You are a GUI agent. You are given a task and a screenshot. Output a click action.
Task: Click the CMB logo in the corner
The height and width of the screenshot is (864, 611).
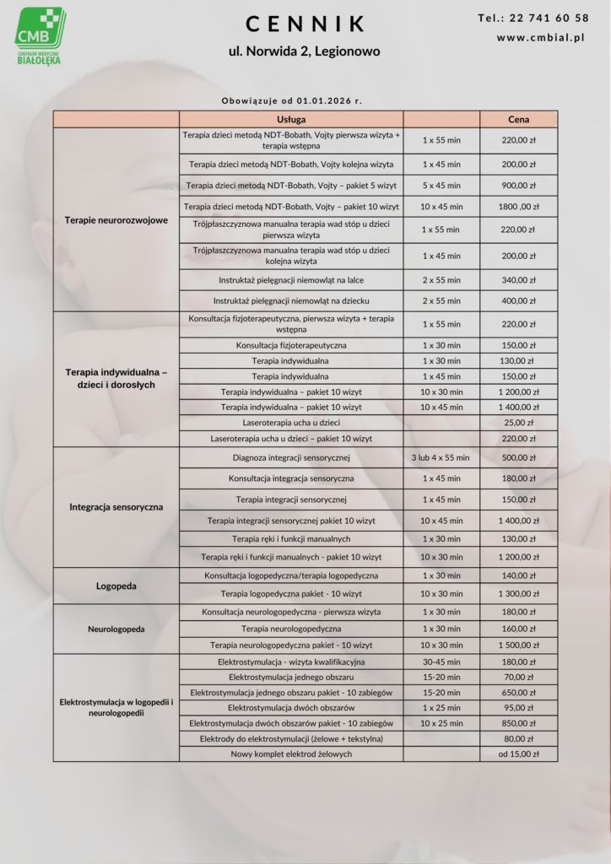click(x=39, y=34)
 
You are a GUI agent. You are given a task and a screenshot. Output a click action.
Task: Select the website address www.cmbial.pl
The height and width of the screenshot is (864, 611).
click(x=541, y=38)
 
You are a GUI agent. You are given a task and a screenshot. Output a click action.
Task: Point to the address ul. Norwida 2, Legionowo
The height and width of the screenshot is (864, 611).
click(x=305, y=51)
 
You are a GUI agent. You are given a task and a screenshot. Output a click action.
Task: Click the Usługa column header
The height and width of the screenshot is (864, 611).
click(x=291, y=119)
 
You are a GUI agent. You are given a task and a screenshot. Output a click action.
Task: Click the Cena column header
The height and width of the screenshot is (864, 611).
click(x=519, y=119)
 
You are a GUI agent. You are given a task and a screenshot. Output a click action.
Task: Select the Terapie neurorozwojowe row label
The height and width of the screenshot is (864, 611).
click(x=116, y=220)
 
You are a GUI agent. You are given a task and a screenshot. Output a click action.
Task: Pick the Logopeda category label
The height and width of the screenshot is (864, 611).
click(x=116, y=586)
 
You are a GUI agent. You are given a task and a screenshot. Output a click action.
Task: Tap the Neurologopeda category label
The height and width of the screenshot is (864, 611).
click(x=116, y=629)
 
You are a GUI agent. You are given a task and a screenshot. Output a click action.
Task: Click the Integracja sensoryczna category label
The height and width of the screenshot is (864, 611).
click(x=116, y=507)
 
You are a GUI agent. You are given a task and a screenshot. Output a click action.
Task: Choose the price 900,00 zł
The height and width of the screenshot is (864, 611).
click(x=519, y=186)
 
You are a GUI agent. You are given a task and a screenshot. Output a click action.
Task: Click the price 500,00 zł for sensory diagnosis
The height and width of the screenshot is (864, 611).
click(x=519, y=457)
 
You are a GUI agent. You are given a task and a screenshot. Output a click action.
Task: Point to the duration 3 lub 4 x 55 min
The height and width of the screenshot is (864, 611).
click(x=441, y=457)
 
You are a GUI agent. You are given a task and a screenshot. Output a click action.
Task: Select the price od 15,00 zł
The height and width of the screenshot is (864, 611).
click(x=519, y=753)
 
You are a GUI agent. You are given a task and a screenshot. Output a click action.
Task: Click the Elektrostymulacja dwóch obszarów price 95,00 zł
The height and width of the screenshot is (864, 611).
click(x=519, y=707)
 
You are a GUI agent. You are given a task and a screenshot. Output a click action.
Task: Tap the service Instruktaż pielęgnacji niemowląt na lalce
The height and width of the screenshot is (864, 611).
click(x=291, y=279)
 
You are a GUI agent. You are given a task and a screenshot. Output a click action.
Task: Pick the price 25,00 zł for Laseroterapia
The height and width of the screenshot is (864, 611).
click(x=519, y=422)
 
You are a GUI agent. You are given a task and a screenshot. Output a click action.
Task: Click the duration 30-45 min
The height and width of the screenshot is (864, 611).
click(x=441, y=661)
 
